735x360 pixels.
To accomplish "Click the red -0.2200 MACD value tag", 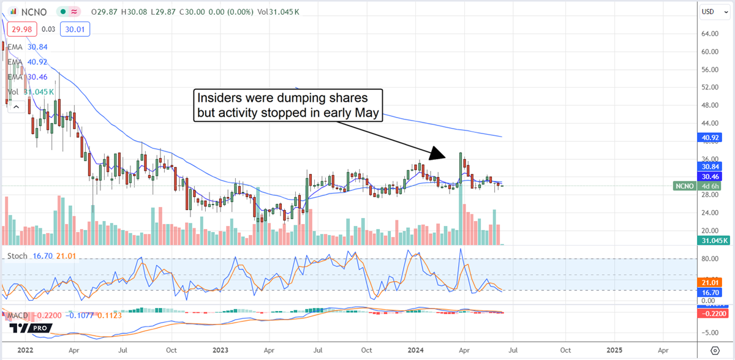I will pyautogui.click(x=713, y=313).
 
